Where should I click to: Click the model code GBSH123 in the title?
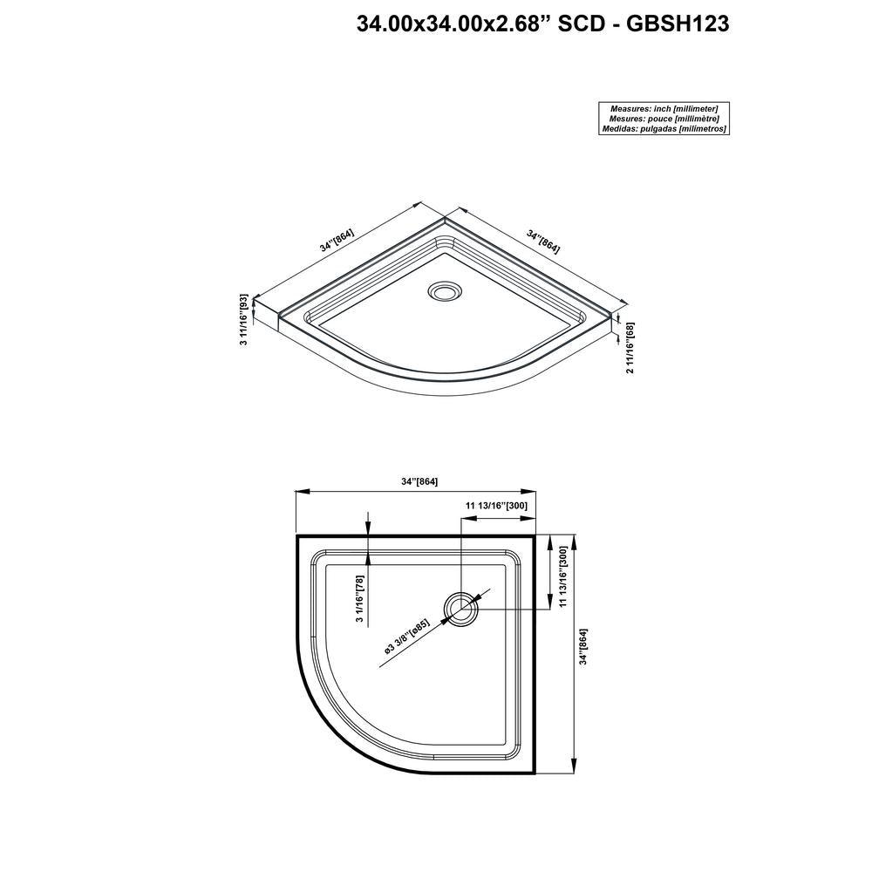pyautogui.click(x=678, y=24)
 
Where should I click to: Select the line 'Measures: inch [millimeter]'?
pyautogui.click(x=664, y=109)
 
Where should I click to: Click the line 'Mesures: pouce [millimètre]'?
pyautogui.click(x=664, y=119)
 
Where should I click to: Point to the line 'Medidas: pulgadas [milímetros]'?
pyautogui.click(x=664, y=128)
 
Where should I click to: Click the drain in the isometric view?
pyautogui.click(x=445, y=291)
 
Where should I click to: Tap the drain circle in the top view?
pyautogui.click(x=460, y=609)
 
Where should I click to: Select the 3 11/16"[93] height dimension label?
pyautogui.click(x=243, y=320)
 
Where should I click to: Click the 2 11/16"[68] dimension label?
pyautogui.click(x=630, y=348)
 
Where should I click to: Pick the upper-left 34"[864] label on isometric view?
pyautogui.click(x=337, y=241)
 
